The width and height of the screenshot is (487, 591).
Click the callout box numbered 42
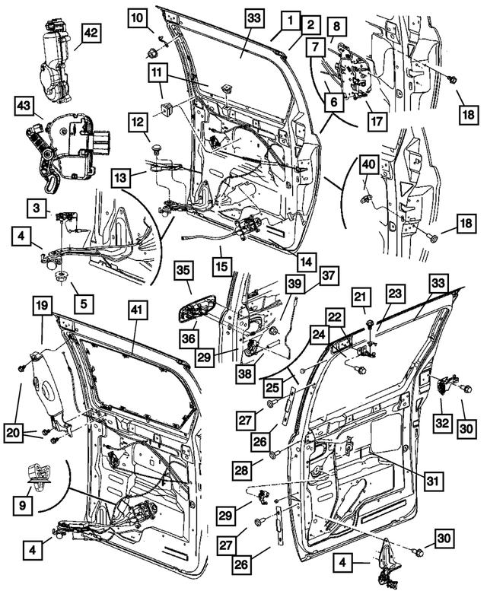point(91,34)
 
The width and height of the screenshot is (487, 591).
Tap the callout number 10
point(138,16)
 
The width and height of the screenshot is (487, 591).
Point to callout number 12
point(138,122)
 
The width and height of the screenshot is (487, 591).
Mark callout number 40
point(368,164)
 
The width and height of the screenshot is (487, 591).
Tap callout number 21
point(361,297)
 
